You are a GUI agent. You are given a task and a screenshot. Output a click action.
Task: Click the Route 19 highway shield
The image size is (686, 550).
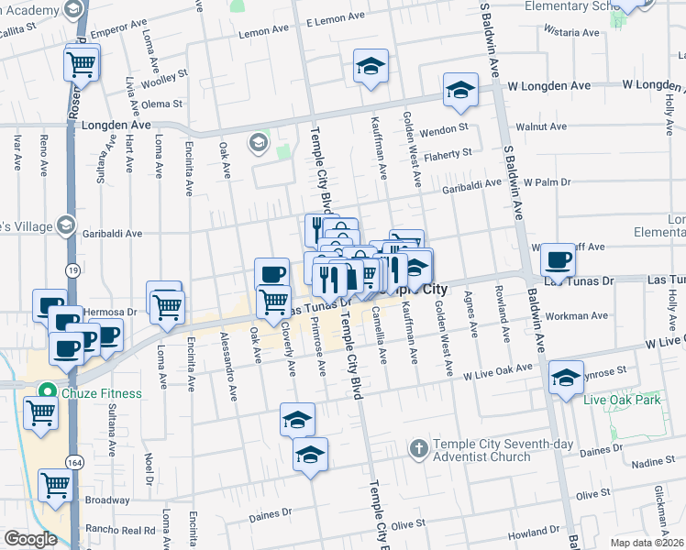[71, 269]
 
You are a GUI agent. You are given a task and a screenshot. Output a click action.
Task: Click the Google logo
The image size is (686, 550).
[29, 539]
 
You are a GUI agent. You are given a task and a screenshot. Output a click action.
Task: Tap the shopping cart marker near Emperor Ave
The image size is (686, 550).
[82, 63]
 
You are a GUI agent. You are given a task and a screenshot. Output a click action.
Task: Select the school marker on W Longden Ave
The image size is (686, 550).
[460, 90]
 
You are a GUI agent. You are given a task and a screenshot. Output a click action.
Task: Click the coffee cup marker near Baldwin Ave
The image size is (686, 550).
[558, 259]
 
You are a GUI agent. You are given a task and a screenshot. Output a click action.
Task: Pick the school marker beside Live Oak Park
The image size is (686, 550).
[566, 376]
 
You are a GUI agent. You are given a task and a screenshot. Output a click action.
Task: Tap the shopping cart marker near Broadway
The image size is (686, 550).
[55, 483]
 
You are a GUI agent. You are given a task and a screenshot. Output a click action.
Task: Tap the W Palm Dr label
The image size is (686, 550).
[547, 181]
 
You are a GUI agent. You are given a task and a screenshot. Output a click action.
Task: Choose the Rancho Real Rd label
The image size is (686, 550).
[119, 529]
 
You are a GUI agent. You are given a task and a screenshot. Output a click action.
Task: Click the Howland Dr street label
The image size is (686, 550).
[535, 533]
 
